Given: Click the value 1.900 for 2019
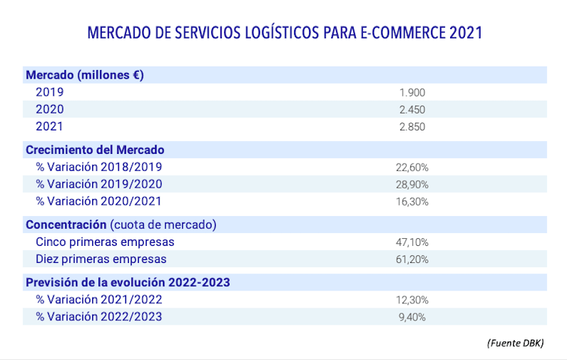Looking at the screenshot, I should (412, 92).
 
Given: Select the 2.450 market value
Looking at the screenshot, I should (412, 109).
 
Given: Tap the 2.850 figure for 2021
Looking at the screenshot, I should (412, 127).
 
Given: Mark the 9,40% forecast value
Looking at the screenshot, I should (412, 317).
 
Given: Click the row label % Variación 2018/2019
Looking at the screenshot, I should (99, 167).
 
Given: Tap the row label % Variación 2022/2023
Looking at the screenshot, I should (99, 317).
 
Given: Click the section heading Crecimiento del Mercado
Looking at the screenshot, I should (95, 150).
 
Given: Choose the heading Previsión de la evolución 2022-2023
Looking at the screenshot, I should (128, 282).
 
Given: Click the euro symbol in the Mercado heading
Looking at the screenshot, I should (136, 74).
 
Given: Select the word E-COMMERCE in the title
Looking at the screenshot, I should (393, 33).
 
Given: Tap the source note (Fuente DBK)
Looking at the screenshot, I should (515, 343).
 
